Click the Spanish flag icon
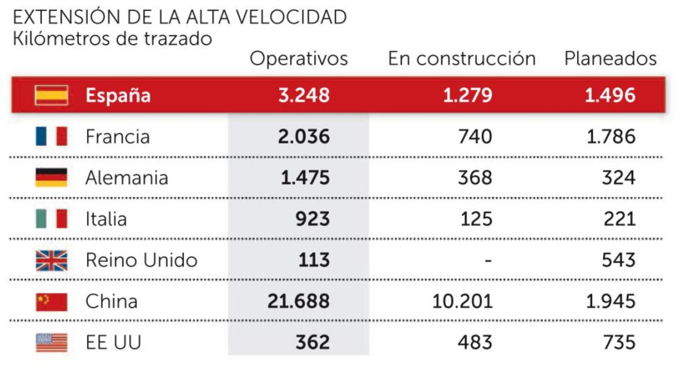(x=51, y=95)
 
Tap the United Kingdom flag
(x=51, y=260)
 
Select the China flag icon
(x=51, y=302)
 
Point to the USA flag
(x=51, y=343)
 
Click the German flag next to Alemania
(x=51, y=178)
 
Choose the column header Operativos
(x=299, y=59)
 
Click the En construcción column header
(x=461, y=59)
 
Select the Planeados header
(x=610, y=59)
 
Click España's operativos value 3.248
(x=304, y=95)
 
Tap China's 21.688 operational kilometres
(x=298, y=301)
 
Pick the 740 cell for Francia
(x=475, y=137)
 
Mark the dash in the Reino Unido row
(x=488, y=260)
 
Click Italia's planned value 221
(x=619, y=219)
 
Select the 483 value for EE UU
(x=475, y=343)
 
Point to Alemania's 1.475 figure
(x=305, y=178)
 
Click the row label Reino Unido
(x=141, y=260)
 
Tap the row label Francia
(x=118, y=137)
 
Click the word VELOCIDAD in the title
(x=292, y=18)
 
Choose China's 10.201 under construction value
(x=462, y=301)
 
